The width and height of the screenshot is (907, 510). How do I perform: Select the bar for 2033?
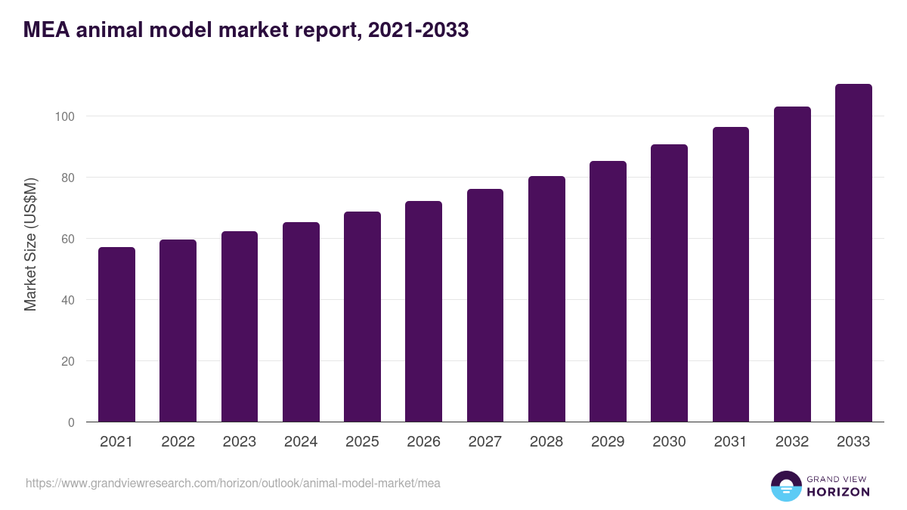tap(853, 253)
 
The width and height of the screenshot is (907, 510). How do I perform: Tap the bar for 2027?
tap(485, 305)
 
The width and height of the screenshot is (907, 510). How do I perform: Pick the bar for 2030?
tap(669, 283)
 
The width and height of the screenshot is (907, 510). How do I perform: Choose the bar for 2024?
tap(301, 322)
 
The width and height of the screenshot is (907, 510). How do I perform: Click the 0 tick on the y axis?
tap(71, 422)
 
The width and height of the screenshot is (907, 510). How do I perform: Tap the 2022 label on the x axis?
tap(178, 442)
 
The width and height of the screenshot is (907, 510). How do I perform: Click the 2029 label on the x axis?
tap(608, 442)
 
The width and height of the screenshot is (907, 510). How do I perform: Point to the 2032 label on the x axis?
tap(792, 442)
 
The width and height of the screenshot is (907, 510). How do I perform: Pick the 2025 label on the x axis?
tap(362, 442)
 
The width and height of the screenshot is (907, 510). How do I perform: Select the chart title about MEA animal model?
tap(246, 29)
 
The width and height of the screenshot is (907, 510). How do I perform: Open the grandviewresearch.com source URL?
tap(233, 483)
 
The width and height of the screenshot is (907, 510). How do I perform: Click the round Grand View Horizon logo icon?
tap(785, 486)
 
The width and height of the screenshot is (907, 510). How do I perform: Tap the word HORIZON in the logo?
tap(838, 492)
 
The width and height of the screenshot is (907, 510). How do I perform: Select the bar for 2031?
tap(731, 274)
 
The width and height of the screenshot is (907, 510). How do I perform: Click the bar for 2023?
tap(240, 326)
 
